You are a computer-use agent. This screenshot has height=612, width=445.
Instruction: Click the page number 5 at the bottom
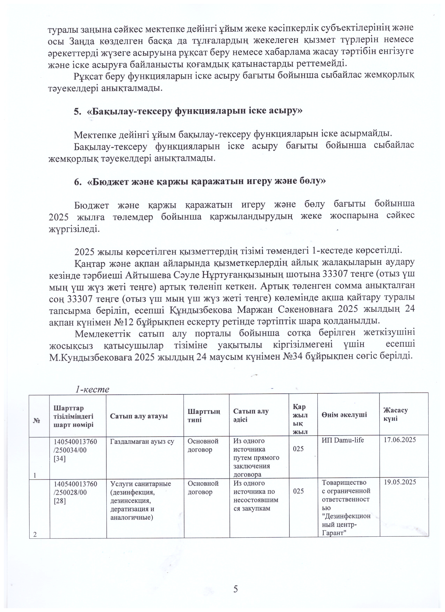click(x=236, y=589)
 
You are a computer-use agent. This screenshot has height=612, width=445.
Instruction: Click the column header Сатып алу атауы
click(x=139, y=416)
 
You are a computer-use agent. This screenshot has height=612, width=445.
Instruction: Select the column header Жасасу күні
click(x=395, y=414)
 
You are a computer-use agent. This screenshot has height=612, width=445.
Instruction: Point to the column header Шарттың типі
click(x=204, y=415)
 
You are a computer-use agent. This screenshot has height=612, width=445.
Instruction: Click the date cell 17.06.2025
click(x=400, y=440)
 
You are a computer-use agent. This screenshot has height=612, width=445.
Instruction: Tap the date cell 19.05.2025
click(x=400, y=482)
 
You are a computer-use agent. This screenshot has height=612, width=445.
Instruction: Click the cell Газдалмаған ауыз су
click(x=142, y=441)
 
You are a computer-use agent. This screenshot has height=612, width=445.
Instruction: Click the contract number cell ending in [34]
click(x=75, y=450)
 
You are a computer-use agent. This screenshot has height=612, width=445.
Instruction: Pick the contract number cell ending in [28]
click(x=75, y=492)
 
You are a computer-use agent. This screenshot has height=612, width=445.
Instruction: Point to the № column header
click(x=36, y=421)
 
